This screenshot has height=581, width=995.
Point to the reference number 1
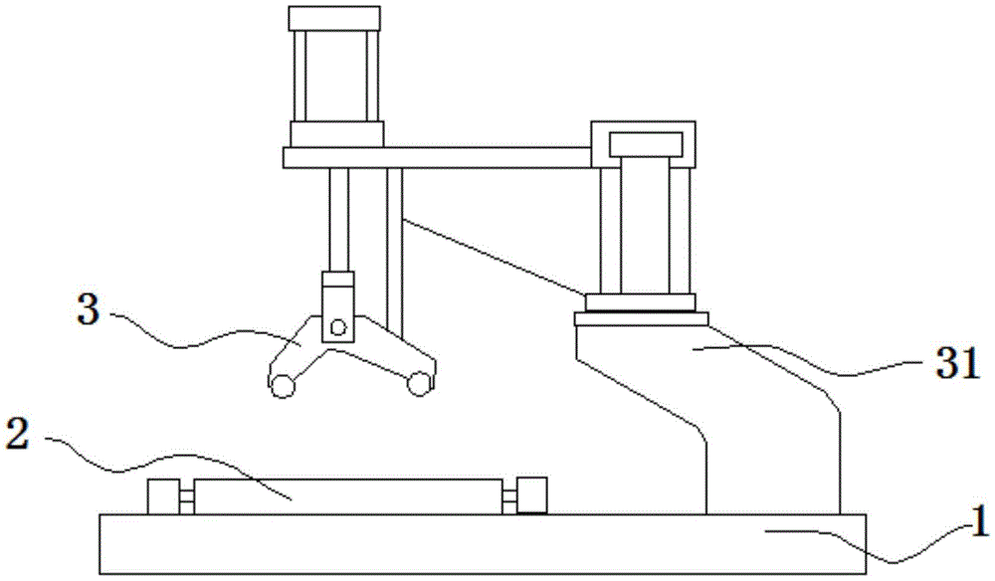pos(979,520)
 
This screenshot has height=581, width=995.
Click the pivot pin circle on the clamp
pos(339,326)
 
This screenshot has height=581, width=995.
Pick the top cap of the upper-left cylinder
pos(333,17)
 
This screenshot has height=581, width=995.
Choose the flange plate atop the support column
pos(641,319)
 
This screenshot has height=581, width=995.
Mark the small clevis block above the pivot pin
pos(337,293)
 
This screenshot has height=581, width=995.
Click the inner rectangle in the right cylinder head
pos(646,143)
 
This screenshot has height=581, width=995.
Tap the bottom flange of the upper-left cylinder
pos(335,134)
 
